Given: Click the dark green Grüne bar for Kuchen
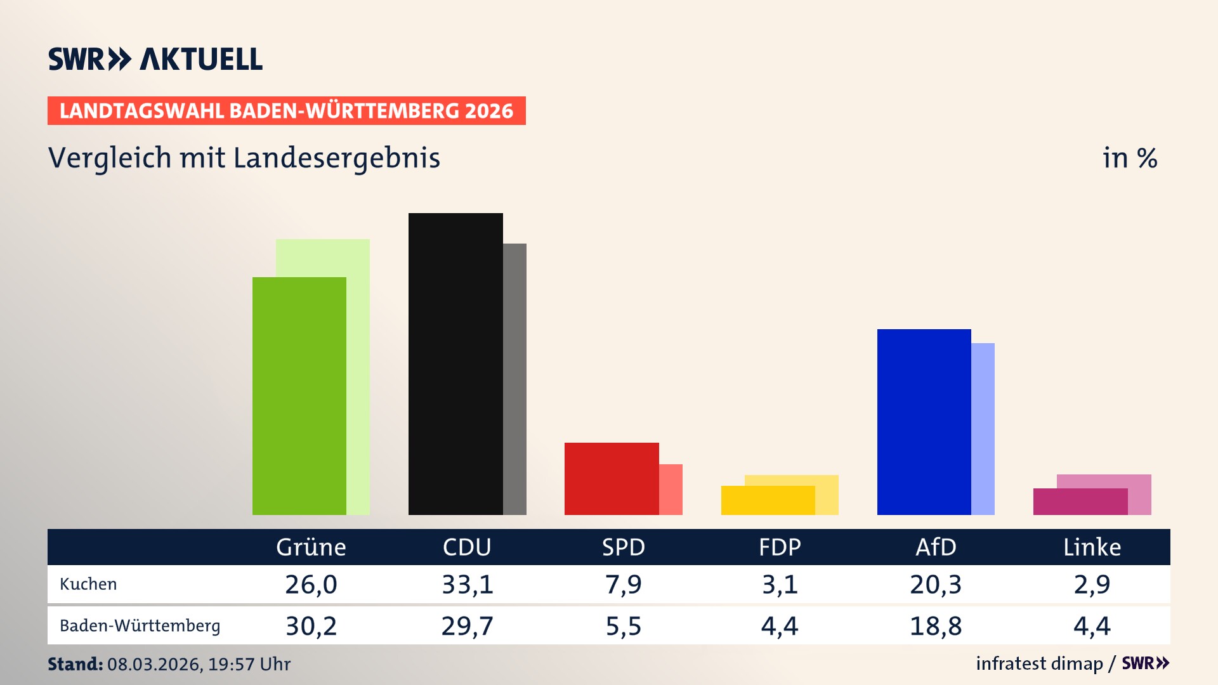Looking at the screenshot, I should tap(299, 396).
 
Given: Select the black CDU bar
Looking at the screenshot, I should tap(455, 364).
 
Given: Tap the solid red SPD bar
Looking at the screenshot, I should tap(611, 479).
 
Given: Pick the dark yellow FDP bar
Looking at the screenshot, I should tap(768, 500).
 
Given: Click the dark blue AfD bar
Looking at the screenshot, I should tap(924, 422).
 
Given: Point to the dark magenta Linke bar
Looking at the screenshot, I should tap(1080, 502).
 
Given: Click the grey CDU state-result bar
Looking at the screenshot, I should tap(514, 379).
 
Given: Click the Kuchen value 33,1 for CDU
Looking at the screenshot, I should tap(468, 584).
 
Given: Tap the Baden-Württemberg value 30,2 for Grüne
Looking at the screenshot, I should tap(311, 626).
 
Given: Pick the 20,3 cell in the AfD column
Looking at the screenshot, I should tap(936, 584).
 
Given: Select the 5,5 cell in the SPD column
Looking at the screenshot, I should tap(624, 626).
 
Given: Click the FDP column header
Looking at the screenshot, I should tap(780, 547).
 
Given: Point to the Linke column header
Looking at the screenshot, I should tap(1092, 547).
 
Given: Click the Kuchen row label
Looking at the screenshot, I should tap(88, 584).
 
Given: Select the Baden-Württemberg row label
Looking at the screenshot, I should tap(140, 626).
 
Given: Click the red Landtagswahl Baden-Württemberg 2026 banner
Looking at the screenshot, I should tap(286, 111).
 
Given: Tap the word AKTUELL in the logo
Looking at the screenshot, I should tap(201, 60).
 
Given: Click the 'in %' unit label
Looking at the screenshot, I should tap(1129, 158).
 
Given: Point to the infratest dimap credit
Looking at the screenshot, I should tap(1039, 663).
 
